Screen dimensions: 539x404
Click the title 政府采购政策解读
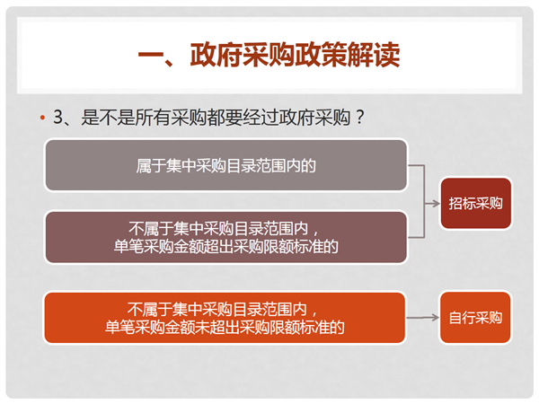pos(295,55)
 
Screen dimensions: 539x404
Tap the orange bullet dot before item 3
pos(42,118)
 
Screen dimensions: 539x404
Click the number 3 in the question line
pos(57,117)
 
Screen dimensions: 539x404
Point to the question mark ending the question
pos(360,117)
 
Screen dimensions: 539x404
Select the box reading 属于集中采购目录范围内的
pos(226,165)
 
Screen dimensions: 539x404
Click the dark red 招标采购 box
pos(476,204)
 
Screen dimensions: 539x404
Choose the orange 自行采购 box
pos(475,318)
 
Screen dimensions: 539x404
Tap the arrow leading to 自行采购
pos(423,318)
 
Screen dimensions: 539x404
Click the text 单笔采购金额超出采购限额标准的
pos(225,246)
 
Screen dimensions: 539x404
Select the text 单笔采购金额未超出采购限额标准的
pos(225,327)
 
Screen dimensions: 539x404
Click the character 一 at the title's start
pos(150,55)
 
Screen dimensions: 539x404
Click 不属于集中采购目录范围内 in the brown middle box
pos(218,228)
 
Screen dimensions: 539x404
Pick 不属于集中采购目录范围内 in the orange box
pos(216,309)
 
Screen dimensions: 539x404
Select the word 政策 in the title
pos(321,55)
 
